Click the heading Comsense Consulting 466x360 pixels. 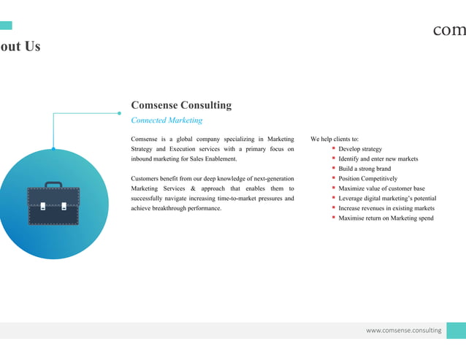[181, 105]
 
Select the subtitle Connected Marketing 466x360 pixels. [167, 120]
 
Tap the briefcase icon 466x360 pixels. [53, 205]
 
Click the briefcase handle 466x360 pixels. [53, 184]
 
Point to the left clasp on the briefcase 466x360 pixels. [43, 206]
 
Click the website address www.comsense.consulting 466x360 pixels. [403, 331]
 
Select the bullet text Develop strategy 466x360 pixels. [360, 149]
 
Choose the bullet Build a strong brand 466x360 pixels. [364, 169]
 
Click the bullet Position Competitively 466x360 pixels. [368, 178]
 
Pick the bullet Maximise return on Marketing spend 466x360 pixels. [386, 218]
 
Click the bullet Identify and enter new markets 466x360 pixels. [378, 158]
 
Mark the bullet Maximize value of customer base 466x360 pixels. [381, 188]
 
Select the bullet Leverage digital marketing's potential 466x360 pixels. [387, 198]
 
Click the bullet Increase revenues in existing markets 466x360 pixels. [386, 208]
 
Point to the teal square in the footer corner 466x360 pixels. [456, 331]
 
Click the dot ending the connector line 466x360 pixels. [119, 113]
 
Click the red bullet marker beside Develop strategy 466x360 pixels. [333, 148]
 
